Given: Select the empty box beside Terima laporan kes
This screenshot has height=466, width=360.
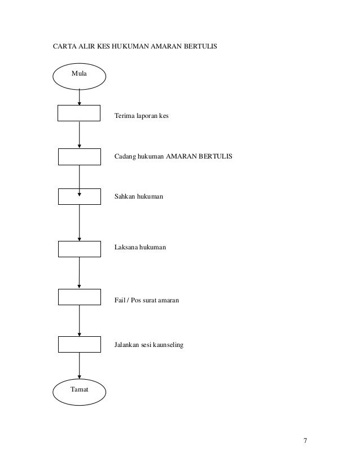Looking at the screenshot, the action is pos(80,113).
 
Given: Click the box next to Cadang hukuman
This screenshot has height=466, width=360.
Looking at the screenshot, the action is pos(80,156).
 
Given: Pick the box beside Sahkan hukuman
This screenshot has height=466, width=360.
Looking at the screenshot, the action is pos(80,196).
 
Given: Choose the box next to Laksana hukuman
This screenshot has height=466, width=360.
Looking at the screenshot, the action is pos(80,248).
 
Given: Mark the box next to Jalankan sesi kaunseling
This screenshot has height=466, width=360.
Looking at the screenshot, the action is pos(80,344).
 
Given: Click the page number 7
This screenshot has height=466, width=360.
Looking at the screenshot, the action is pos(305,441).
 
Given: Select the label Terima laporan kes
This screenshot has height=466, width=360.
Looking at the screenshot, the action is pos(142,116).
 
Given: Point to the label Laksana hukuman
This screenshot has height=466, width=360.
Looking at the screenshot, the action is pos(141,247).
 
